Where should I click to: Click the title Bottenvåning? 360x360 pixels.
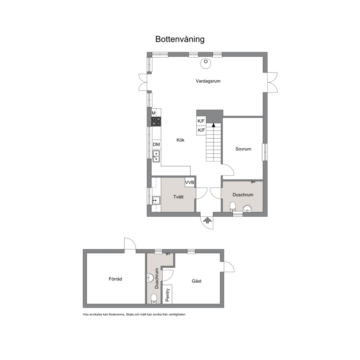180,39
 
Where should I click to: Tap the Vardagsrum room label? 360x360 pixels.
208,81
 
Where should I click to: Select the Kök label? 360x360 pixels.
180,140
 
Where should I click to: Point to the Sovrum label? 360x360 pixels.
243,149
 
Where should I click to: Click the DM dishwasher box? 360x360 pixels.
156,144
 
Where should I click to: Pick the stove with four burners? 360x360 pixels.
156,122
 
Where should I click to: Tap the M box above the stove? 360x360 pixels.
154,113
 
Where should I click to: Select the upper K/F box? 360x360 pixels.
201,121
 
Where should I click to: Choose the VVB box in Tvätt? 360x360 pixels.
190,182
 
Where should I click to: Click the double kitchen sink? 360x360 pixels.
156,156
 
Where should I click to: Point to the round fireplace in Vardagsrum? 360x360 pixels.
206,63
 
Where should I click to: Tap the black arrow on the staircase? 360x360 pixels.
213,125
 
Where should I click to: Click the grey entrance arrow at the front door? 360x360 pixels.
207,220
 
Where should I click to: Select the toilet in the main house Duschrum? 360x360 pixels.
233,206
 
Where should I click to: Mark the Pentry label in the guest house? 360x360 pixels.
167,295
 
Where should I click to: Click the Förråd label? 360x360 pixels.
115,279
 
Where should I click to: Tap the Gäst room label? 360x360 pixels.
197,281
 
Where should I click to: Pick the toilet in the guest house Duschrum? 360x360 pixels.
154,299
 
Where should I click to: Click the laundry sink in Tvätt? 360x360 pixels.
156,200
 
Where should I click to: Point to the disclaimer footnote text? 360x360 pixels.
134,315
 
